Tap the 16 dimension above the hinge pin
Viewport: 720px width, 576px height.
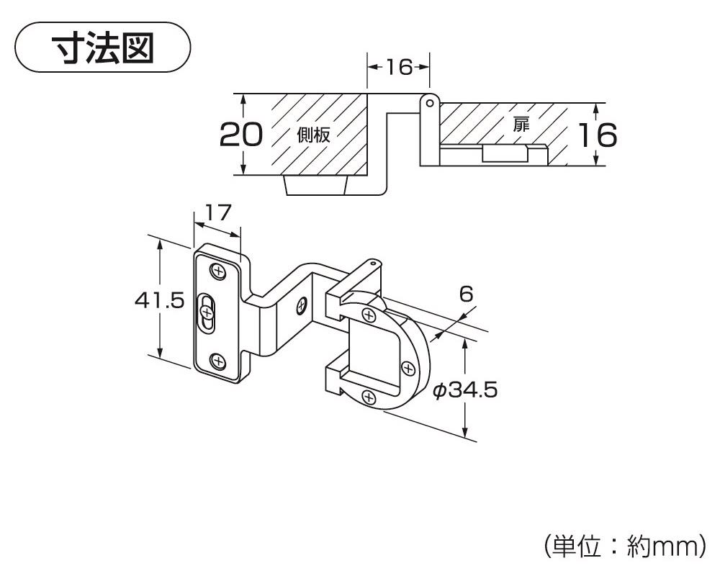click(x=398, y=67)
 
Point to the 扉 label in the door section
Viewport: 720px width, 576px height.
click(x=521, y=122)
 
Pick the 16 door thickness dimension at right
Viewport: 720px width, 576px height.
click(x=598, y=135)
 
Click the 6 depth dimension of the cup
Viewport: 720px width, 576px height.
click(x=465, y=293)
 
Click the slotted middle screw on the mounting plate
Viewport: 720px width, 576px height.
click(x=207, y=312)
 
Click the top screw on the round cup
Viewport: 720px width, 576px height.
click(x=369, y=315)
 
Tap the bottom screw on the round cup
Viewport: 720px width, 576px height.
click(x=368, y=397)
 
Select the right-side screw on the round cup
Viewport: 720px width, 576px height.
click(x=409, y=369)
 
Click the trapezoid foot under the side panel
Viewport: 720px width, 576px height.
click(x=316, y=185)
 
